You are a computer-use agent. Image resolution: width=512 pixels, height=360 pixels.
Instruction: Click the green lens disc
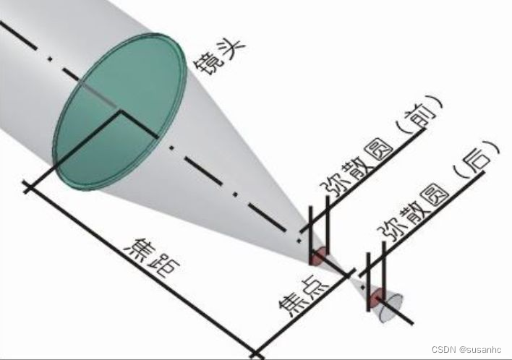pyautogui.click(x=119, y=108)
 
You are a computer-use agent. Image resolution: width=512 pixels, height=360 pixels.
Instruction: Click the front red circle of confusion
pyautogui.click(x=318, y=256)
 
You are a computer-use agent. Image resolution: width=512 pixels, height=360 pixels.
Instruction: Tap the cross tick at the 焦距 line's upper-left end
pyautogui.click(x=28, y=187)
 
